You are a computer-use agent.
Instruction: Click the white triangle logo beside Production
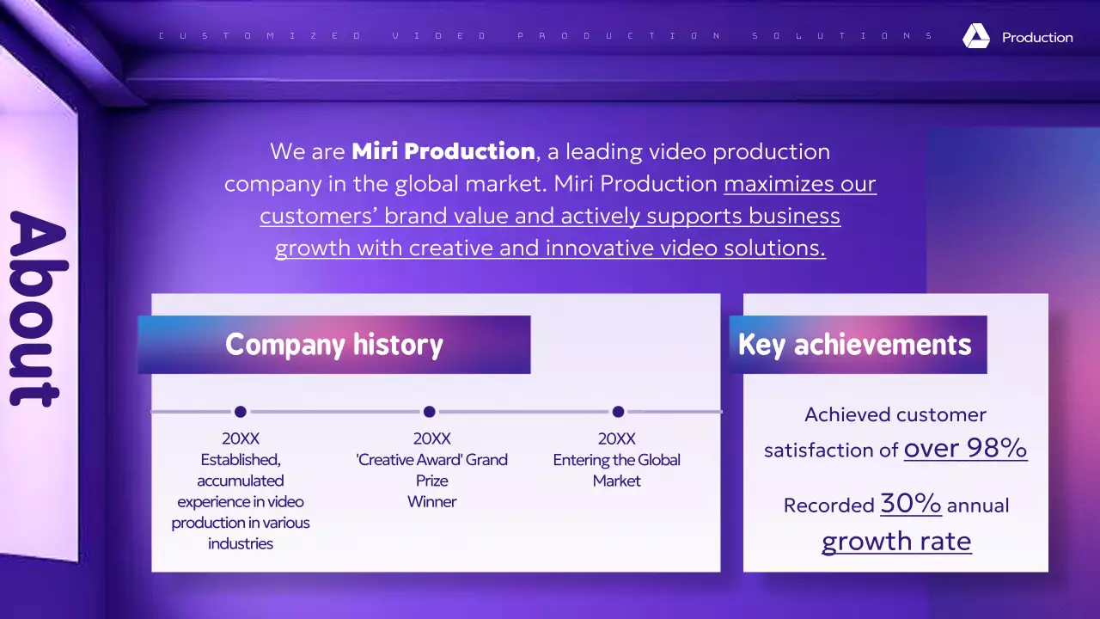(976, 36)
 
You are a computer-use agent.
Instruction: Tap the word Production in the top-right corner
(1037, 38)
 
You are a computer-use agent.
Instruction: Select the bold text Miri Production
(443, 151)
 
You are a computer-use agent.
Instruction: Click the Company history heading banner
(333, 345)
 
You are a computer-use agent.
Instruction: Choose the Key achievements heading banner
(857, 345)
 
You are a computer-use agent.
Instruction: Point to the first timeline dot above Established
(241, 412)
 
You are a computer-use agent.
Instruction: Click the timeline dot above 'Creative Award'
(430, 412)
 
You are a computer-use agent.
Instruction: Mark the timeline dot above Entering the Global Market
(618, 412)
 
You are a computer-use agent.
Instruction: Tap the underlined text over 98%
(965, 448)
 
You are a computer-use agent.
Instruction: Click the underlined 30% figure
(910, 504)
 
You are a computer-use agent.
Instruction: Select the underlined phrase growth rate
(896, 541)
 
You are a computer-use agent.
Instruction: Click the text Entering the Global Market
(616, 470)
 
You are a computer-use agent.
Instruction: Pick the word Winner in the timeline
(431, 501)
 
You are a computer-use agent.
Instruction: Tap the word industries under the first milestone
(241, 543)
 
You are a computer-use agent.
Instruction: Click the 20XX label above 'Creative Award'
(431, 438)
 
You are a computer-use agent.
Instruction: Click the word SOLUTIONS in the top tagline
(843, 36)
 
